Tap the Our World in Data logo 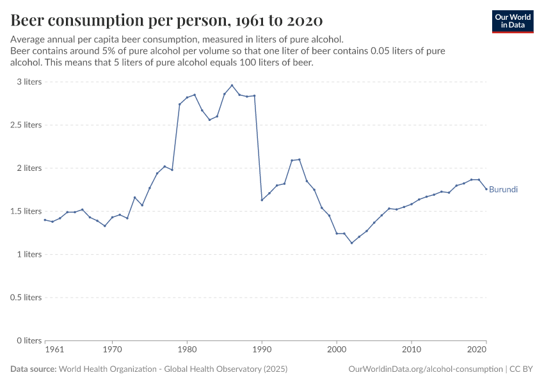513,21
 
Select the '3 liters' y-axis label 29,82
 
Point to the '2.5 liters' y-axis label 25,125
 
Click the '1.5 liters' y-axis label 25,211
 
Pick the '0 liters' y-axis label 29,340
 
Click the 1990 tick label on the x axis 262,350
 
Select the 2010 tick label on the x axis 412,350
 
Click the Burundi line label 503,189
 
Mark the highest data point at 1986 232,86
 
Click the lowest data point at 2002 351,243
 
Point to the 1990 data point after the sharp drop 262,200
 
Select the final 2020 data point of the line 486,189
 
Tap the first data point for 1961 45,220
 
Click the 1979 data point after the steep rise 180,104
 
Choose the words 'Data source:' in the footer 33,369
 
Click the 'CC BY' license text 522,369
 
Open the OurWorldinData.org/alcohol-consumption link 426,369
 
